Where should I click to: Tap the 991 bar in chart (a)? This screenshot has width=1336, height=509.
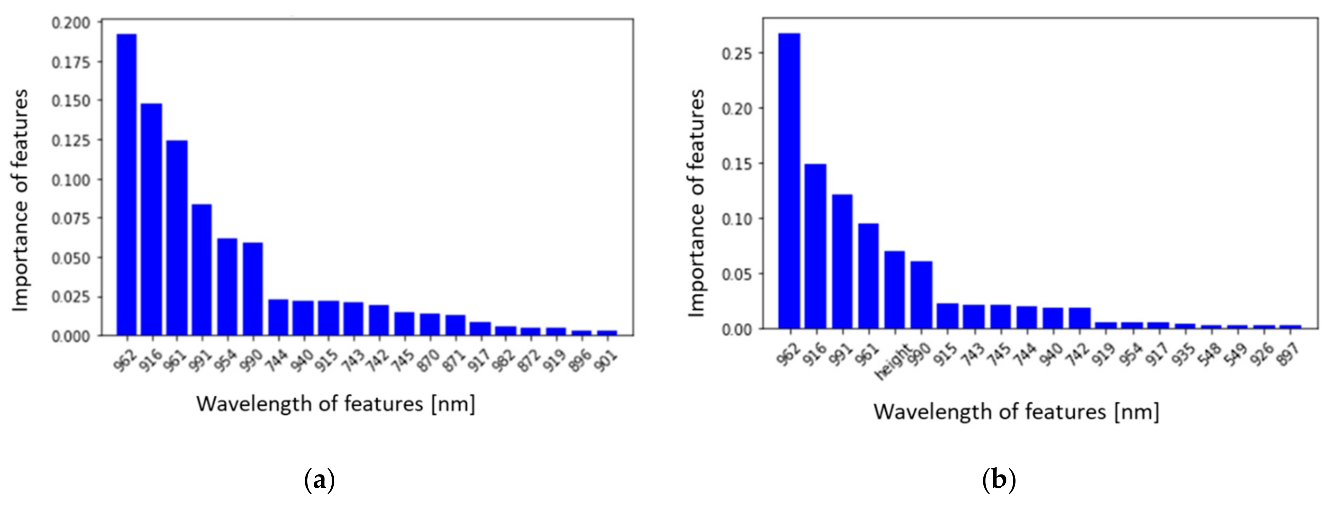(202, 269)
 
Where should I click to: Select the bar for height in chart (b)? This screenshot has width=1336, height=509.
(894, 289)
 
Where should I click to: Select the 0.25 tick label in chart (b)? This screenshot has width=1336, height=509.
(736, 53)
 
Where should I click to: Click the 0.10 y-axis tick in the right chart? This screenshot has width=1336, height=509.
(736, 218)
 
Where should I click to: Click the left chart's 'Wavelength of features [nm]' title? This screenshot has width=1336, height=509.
(336, 403)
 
